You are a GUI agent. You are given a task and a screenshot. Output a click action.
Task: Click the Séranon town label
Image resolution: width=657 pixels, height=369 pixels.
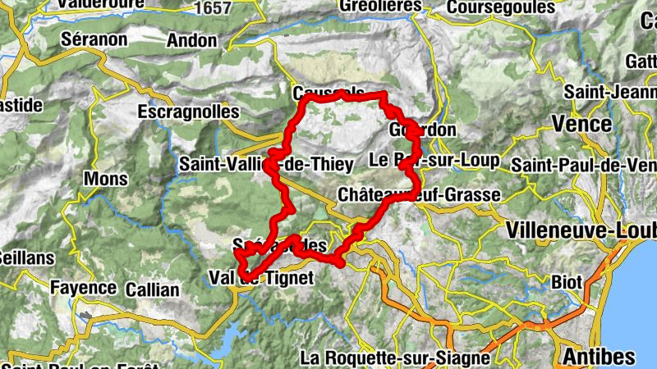[94, 39]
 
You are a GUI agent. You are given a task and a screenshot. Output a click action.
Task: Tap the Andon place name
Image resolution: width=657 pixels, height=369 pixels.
[191, 39]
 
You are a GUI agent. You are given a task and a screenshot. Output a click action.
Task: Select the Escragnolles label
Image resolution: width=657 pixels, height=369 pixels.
[189, 111]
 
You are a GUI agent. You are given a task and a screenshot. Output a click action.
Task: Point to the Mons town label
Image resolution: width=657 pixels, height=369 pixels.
[106, 179]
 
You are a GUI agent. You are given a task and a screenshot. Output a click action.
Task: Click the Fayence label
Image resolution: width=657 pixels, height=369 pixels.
[83, 288]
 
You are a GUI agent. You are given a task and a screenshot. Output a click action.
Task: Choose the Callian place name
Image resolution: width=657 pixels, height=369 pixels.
[152, 289]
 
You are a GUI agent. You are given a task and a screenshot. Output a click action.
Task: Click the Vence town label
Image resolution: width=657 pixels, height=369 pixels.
[581, 124]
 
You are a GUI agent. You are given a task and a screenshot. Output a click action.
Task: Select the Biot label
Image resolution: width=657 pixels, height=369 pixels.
[566, 282]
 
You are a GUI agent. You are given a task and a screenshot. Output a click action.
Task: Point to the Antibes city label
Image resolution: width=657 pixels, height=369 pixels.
[599, 356]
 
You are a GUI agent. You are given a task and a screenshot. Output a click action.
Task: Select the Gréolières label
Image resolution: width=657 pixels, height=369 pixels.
[380, 6]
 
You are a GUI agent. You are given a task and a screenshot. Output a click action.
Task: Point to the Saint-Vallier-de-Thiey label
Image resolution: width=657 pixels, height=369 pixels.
[267, 164]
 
